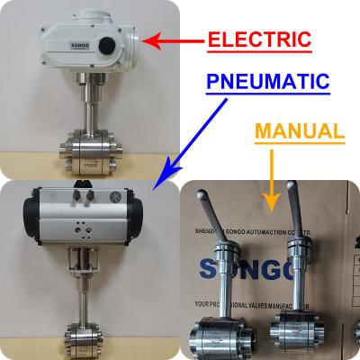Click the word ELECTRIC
pyautogui.click(x=259, y=40)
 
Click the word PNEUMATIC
pyautogui.click(x=267, y=82)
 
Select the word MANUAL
pyautogui.click(x=300, y=131)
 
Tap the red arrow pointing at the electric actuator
pyautogui.click(x=172, y=41)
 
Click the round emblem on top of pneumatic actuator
pyautogui.click(x=113, y=195)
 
